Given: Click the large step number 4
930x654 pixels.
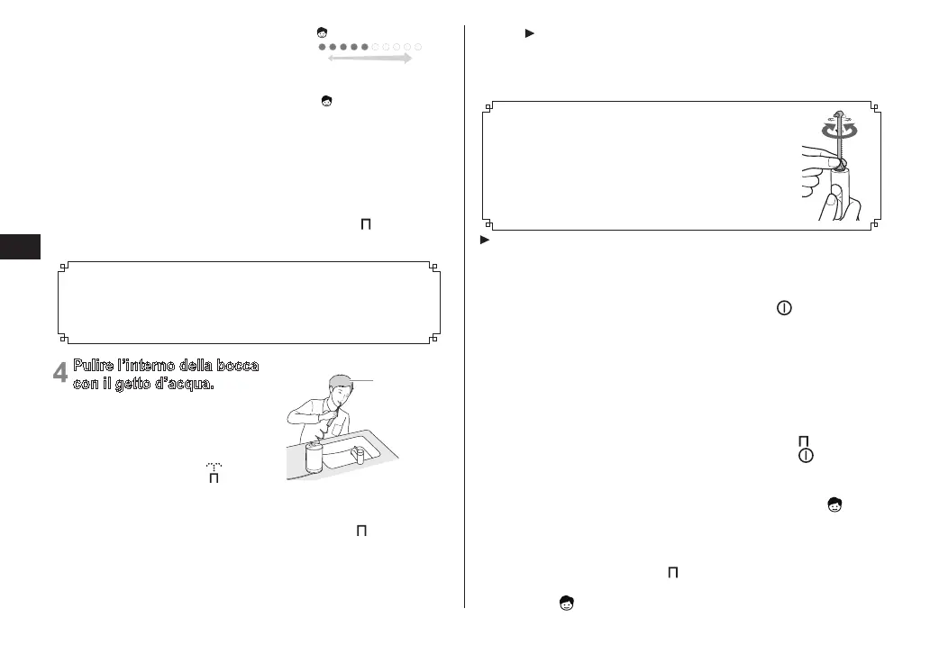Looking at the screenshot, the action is coord(60,371).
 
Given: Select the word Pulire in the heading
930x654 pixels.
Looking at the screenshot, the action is coord(95,366).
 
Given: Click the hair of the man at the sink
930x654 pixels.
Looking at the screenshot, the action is coord(340,380).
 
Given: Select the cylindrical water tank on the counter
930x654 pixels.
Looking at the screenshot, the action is coord(314,458).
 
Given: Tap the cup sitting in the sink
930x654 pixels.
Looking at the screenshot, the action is coord(359,455).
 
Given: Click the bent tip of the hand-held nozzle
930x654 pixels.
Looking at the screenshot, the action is coord(838,113).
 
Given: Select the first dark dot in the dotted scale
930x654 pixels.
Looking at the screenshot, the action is coord(322,46).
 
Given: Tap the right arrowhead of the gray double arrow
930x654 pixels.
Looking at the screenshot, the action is coord(408,58).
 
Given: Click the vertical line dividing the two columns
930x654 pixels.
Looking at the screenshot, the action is coord(464,315).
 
